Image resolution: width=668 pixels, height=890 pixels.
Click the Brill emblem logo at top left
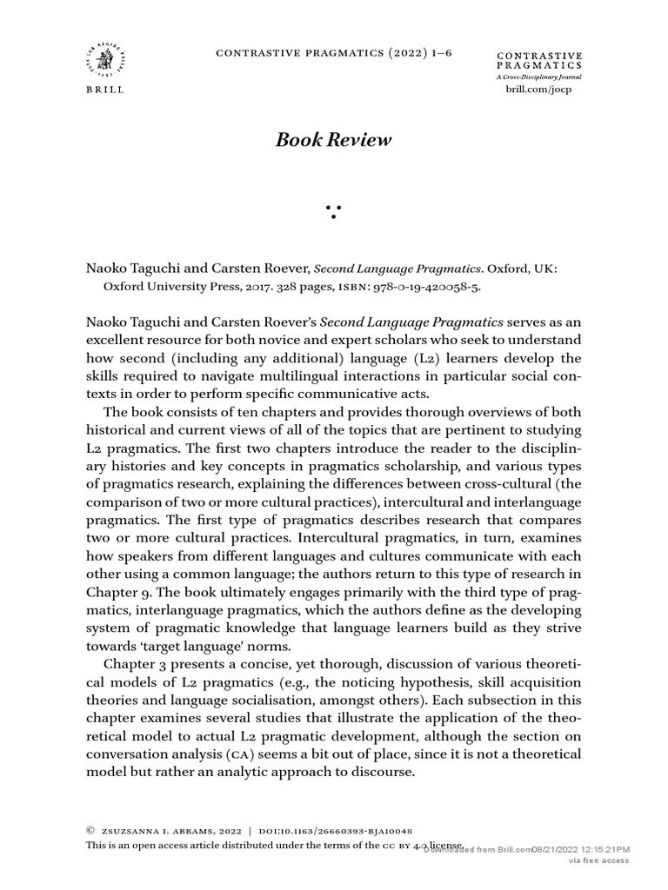click(x=104, y=58)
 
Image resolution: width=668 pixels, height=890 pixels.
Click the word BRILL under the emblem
click(x=104, y=90)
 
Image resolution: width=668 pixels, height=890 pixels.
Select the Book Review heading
click(x=333, y=140)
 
